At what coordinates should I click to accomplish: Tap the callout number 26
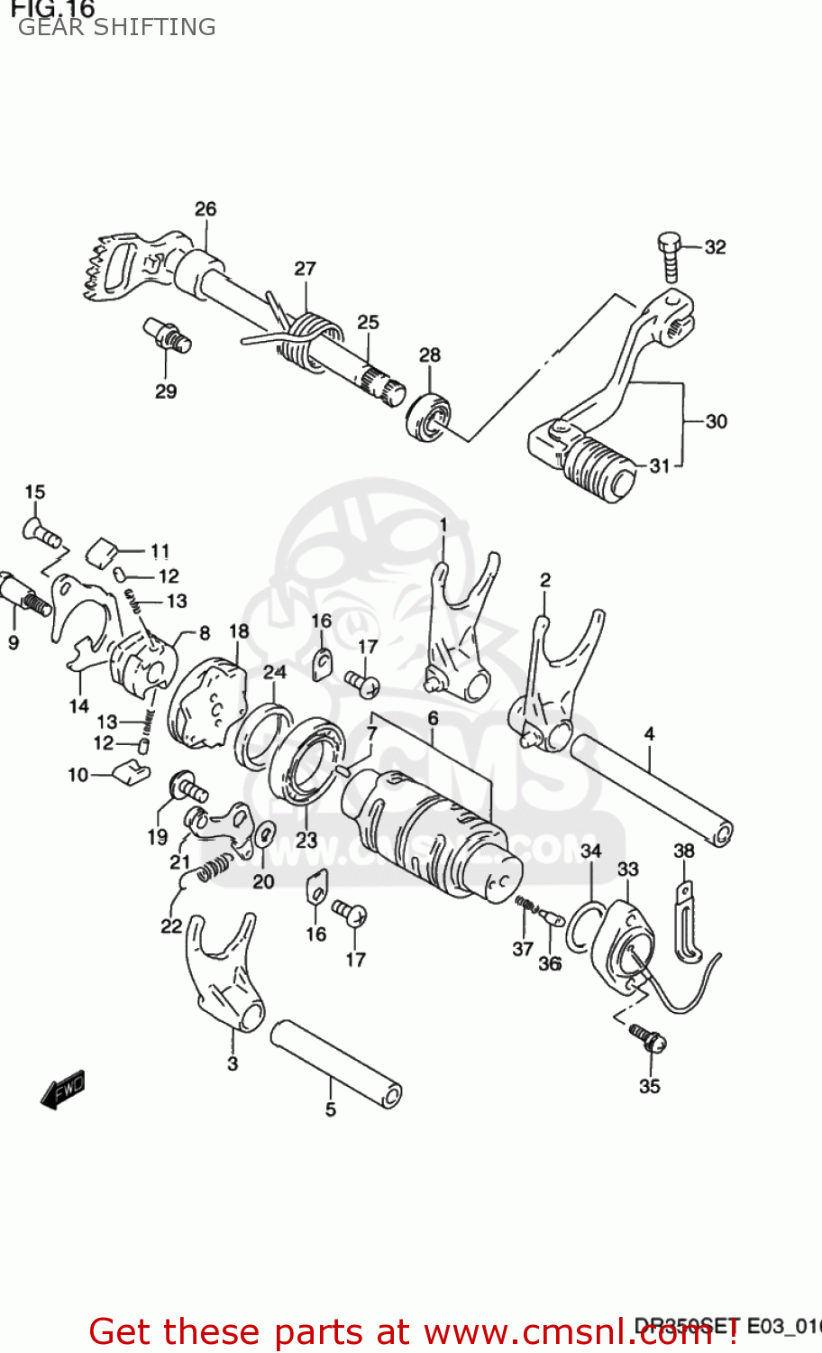[x=205, y=209]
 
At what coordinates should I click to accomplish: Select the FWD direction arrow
[x=63, y=1089]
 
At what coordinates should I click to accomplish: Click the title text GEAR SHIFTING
[x=117, y=27]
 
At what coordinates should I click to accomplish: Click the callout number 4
[x=649, y=734]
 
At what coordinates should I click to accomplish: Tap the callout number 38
[x=684, y=851]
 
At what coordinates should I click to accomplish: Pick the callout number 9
[x=14, y=643]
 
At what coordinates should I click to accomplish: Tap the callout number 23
[x=306, y=840]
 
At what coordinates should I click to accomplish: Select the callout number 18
[x=239, y=631]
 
